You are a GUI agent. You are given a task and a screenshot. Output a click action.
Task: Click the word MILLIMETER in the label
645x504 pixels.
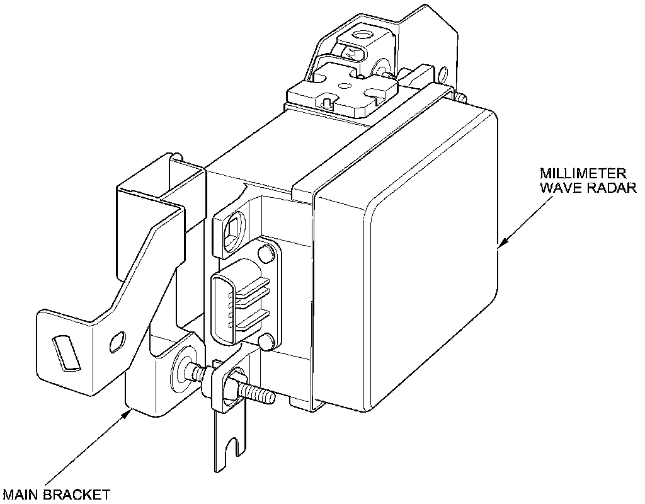coord(583,173)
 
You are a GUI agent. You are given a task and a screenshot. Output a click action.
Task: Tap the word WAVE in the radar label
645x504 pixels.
coord(559,188)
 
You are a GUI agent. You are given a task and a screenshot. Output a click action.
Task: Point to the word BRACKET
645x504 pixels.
coord(76,495)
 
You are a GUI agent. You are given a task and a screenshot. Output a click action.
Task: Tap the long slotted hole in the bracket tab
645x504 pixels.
coord(65,353)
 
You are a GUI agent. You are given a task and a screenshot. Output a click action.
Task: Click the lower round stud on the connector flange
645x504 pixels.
coord(266,342)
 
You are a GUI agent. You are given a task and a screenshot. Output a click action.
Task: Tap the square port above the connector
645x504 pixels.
coord(231,233)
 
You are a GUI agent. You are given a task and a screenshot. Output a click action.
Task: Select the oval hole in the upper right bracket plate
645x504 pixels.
coord(443,74)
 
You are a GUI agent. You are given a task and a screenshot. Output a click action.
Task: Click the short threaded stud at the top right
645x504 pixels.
coord(460,98)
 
